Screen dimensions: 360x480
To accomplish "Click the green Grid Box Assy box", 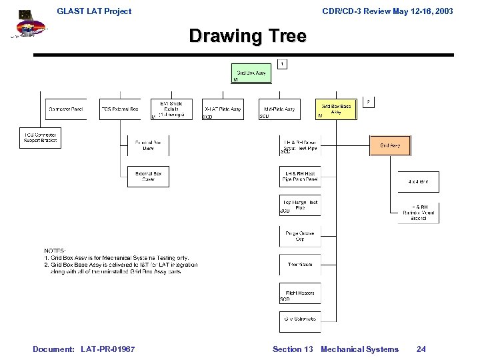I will click(252, 73).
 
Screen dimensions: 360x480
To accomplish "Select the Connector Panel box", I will click(67, 109).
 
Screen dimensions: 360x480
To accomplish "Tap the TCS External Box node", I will click(120, 109).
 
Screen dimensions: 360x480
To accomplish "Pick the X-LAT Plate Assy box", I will click(222, 109).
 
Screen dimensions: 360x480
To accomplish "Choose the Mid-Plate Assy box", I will click(279, 109).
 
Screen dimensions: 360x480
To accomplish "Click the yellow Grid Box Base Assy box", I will click(336, 109).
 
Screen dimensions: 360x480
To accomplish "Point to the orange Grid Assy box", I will click(390, 145).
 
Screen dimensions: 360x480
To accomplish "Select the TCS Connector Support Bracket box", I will click(41, 138).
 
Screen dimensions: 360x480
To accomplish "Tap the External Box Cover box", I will click(148, 177).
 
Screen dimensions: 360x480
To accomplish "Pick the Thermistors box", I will click(299, 265).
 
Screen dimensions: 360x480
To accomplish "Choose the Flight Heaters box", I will click(299, 293).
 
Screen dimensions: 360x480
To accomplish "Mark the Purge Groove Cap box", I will click(299, 236).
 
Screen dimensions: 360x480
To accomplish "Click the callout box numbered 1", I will click(283, 64).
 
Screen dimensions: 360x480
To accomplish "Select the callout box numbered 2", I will click(369, 101).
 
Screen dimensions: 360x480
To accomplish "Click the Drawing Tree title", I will click(247, 35).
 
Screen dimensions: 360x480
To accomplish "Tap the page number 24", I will click(421, 349).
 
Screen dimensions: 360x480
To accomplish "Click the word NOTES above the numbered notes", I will click(55, 251).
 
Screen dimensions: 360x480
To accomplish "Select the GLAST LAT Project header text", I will click(94, 11).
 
